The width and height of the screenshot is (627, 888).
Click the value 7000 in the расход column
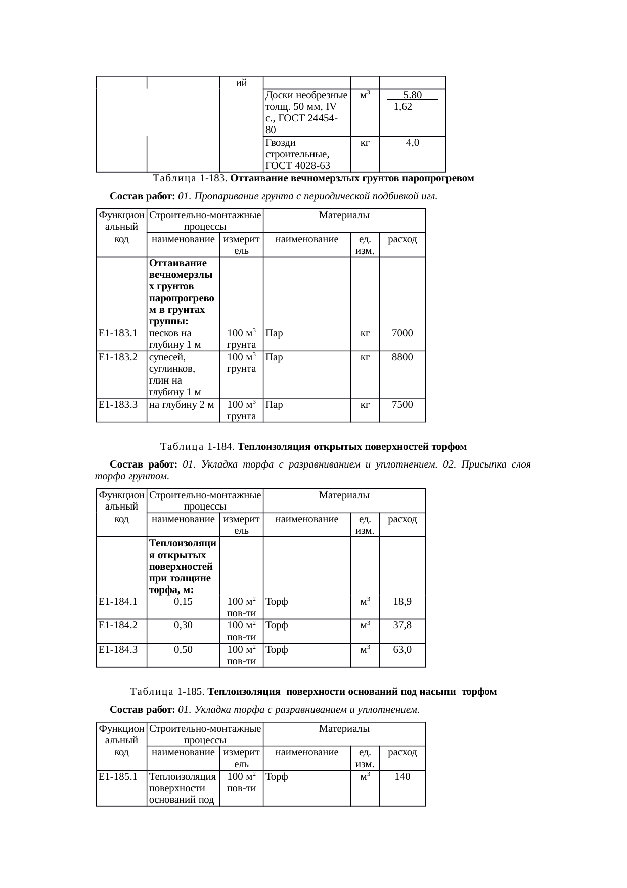pyautogui.click(x=402, y=333)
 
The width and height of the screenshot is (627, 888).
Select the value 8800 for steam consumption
pyautogui.click(x=402, y=357)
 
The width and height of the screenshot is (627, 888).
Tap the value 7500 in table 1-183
pyautogui.click(x=402, y=405)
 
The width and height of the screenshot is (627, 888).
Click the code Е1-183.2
pyautogui.click(x=118, y=357)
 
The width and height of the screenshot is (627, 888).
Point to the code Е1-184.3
pyautogui.click(x=118, y=649)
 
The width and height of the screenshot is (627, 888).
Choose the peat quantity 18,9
pyautogui.click(x=402, y=602)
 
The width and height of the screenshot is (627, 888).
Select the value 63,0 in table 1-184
pyautogui.click(x=402, y=649)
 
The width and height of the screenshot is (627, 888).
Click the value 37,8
pyautogui.click(x=402, y=625)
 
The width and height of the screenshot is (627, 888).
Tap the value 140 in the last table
pyautogui.click(x=402, y=777)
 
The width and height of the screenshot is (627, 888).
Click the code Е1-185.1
pyautogui.click(x=118, y=777)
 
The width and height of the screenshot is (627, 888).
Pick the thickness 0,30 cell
pyautogui.click(x=183, y=625)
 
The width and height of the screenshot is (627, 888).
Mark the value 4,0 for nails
pyautogui.click(x=412, y=143)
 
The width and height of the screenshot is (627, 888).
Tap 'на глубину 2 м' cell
pyautogui.click(x=182, y=405)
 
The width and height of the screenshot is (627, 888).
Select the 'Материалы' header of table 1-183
pyautogui.click(x=344, y=216)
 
